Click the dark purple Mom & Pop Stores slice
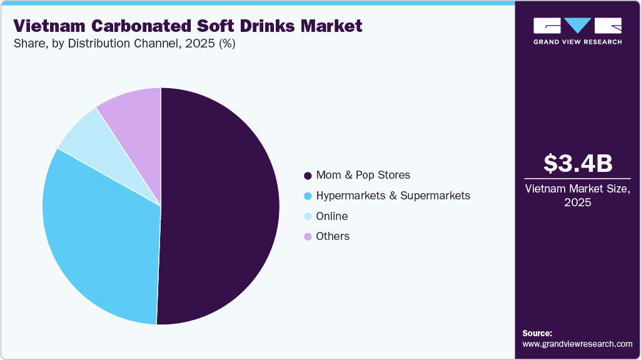(x=219, y=206)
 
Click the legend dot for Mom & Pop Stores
(x=307, y=176)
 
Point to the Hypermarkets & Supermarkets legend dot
(x=307, y=196)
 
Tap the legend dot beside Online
(x=307, y=217)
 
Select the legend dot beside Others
(x=307, y=237)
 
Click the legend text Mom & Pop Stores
(x=363, y=175)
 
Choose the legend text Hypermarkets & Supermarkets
(x=393, y=196)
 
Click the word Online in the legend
(x=332, y=216)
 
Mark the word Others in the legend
(x=333, y=236)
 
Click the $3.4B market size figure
(x=577, y=163)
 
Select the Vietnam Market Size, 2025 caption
(x=577, y=196)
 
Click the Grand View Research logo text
(x=577, y=42)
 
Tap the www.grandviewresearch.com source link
(x=577, y=344)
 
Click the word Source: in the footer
(x=537, y=333)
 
